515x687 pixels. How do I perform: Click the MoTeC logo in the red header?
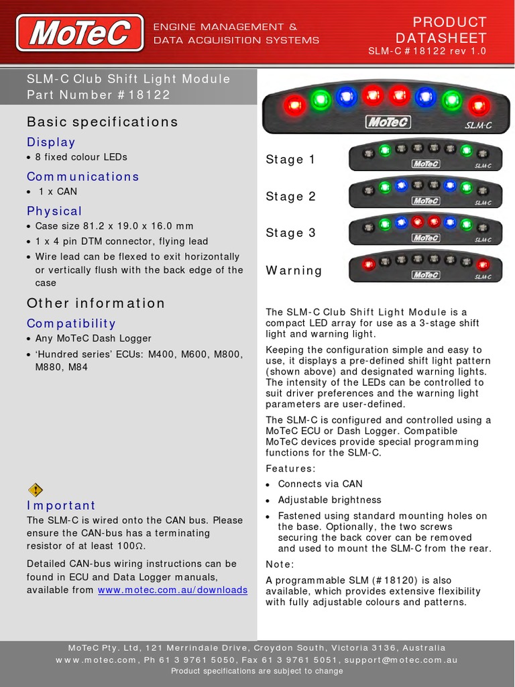80,33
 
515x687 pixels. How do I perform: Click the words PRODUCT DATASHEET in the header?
441,30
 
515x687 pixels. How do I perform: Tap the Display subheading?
51,142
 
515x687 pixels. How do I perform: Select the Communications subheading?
82,176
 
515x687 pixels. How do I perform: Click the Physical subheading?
54,211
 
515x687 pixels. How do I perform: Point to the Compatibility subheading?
71,323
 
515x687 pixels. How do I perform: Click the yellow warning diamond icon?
36,490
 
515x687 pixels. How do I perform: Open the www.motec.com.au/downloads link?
172,590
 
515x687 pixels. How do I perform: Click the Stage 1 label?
290,160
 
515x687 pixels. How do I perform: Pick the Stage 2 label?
290,197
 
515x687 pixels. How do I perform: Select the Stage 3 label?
290,233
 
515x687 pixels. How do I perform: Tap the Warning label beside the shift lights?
294,270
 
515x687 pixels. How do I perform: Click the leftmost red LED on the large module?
294,105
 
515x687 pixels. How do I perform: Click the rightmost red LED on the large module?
478,105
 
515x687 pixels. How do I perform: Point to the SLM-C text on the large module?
478,124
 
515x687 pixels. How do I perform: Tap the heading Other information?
96,303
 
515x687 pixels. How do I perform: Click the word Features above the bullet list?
290,468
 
